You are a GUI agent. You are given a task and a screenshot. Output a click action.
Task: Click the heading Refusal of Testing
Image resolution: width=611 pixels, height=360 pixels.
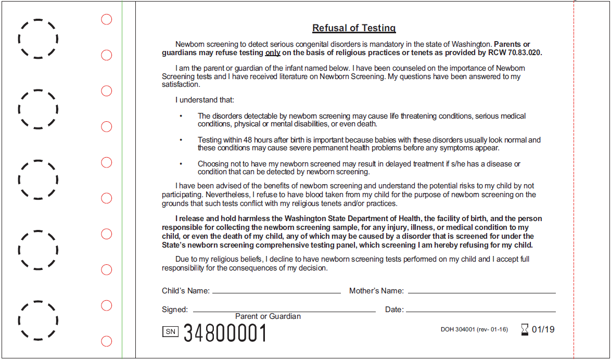354,28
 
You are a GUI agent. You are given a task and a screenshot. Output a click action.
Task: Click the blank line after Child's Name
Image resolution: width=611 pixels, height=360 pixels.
276,292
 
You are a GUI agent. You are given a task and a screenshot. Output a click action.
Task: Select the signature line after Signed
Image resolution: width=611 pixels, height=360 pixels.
284,311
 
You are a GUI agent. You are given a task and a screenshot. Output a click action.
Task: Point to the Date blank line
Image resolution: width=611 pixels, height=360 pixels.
480,311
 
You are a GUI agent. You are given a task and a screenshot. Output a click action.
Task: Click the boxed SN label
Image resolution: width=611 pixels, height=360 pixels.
171,331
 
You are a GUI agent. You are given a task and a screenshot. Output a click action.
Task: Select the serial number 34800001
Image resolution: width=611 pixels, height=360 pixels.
225,333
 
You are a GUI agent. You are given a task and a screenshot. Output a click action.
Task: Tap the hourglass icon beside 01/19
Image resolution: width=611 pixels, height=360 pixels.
525,329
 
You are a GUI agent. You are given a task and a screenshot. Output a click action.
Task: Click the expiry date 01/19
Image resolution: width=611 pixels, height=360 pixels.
543,329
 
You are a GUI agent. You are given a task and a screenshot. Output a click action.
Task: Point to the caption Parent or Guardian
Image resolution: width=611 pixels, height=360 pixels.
268,316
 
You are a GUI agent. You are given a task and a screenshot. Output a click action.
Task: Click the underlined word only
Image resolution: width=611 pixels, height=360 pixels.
273,53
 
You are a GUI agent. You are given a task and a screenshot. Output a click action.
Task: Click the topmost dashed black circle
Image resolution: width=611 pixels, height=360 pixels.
38,38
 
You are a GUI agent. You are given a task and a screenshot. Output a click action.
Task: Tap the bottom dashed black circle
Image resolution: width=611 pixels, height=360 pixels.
38,320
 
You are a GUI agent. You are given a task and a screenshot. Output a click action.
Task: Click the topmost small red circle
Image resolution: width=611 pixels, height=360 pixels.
106,20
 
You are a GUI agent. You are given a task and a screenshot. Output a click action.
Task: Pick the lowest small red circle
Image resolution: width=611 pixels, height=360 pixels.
106,341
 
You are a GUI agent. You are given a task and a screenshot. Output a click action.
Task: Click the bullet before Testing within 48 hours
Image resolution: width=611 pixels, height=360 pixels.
181,140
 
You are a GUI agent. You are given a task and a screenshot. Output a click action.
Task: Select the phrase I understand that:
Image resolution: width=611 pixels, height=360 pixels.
205,100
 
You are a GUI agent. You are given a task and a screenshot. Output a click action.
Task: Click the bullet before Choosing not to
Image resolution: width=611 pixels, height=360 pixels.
181,164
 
